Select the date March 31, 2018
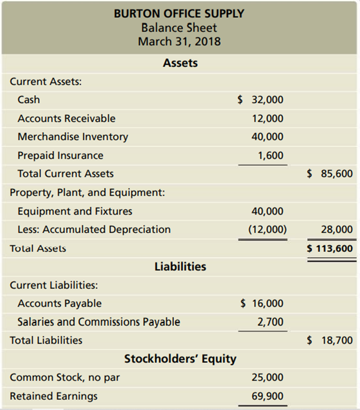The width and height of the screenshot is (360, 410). point(179,41)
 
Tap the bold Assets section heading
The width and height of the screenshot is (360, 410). point(180,63)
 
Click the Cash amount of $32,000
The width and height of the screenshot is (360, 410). point(261,100)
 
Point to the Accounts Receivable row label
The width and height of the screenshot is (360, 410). point(66,118)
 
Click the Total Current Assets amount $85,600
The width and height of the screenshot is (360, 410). point(330,173)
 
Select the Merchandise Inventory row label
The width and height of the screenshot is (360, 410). point(73,137)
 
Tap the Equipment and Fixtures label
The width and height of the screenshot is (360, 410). point(75,211)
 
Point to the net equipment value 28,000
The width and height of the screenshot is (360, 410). point(337,229)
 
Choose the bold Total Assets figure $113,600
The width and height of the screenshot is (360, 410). point(330,249)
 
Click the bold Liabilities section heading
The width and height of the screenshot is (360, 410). point(180,266)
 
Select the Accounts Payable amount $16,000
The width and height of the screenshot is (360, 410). point(262,303)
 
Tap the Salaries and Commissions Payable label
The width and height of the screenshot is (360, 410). point(99,322)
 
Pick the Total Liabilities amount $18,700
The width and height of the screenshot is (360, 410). point(330,341)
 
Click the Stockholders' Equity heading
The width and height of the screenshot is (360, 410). point(180,359)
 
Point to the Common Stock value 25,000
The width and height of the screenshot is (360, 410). point(267,377)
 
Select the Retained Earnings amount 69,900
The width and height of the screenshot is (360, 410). point(267,396)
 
